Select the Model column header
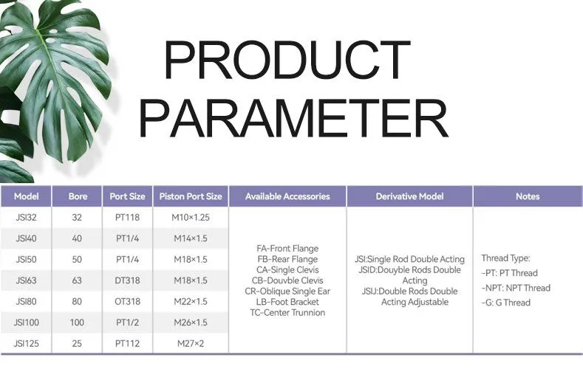coord(26,196)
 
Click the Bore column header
coord(78,196)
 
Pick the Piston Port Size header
coord(191,196)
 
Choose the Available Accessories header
coord(287,196)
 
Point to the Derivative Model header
coord(410,196)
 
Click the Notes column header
coord(528,196)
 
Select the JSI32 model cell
coord(26,218)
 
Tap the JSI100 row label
coord(26,322)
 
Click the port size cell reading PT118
coord(128,218)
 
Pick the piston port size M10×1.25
coord(191,218)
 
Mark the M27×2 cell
coord(191,343)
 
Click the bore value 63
coord(78,280)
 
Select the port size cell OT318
coord(128,301)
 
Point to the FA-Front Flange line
coord(287,249)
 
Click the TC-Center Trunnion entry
coord(287,312)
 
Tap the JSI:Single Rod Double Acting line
coord(410,259)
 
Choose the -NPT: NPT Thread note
coord(516,288)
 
